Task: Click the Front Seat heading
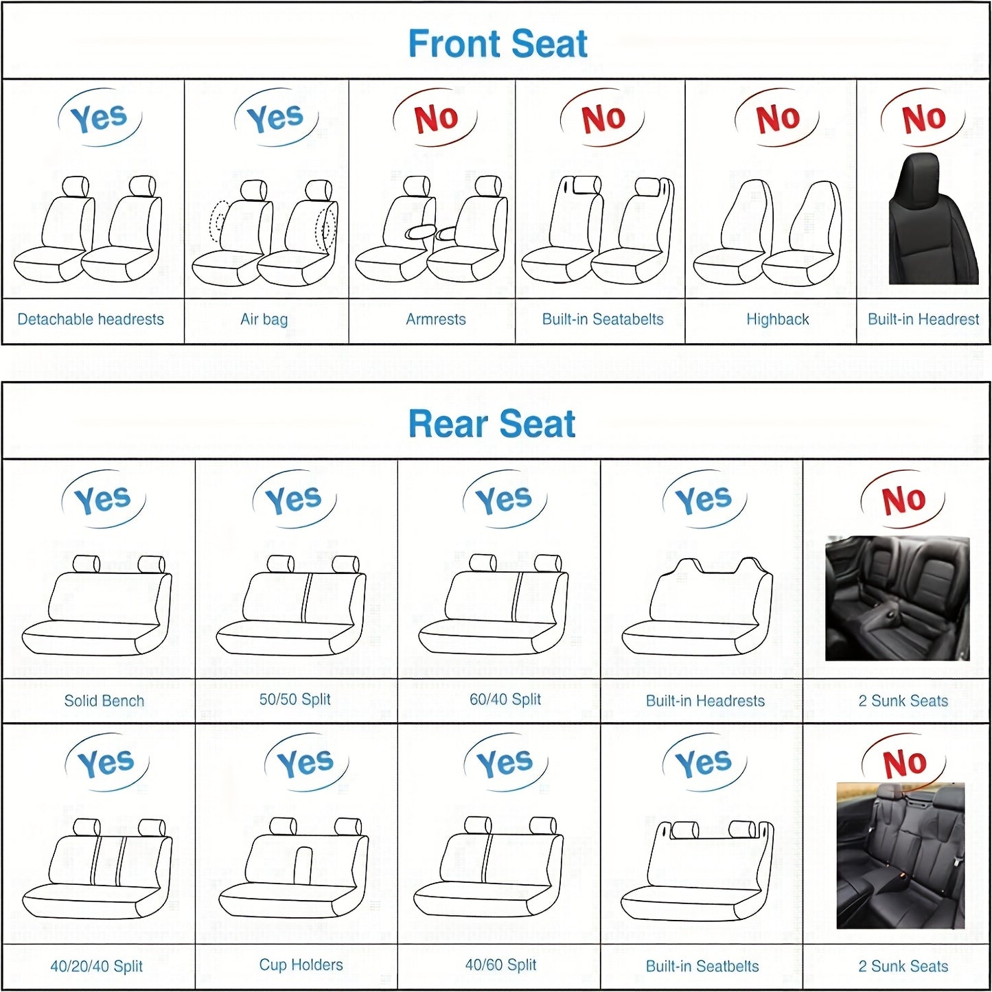[x=497, y=43]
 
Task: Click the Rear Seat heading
[x=492, y=424]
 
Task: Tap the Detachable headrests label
[x=91, y=319]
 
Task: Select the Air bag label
[x=264, y=320]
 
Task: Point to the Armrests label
[x=435, y=319]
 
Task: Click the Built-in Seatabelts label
[x=603, y=319]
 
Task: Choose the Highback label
[x=777, y=320]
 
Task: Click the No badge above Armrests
[x=435, y=117]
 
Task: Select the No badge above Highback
[x=777, y=117]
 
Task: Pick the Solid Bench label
[x=104, y=701]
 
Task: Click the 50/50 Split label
[x=295, y=699]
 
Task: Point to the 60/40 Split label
[x=505, y=699]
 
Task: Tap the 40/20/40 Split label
[x=96, y=967]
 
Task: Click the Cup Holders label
[x=301, y=965]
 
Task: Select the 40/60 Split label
[x=501, y=965]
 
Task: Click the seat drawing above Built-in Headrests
[x=697, y=606]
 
